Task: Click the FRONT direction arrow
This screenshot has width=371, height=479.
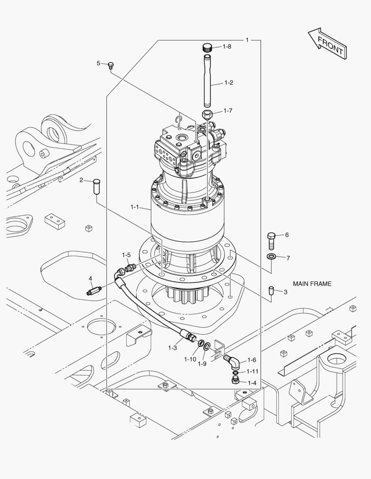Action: [x=327, y=43]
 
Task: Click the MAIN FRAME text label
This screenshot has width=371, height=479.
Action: [x=312, y=283]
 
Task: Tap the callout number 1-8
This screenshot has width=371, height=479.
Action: [x=227, y=47]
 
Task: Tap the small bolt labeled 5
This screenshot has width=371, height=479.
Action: [x=111, y=66]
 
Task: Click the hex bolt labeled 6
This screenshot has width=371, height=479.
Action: [x=271, y=241]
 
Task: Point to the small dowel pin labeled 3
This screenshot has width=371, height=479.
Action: [x=271, y=291]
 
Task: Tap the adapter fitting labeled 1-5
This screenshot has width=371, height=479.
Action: [x=130, y=268]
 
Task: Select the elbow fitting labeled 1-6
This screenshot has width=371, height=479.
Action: [x=233, y=361]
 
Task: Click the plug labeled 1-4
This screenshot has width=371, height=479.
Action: [x=236, y=381]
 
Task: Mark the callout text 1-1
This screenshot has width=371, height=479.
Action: [x=135, y=207]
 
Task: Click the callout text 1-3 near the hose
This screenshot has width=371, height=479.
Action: [x=173, y=348]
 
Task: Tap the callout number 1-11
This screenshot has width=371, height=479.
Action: [x=252, y=371]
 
